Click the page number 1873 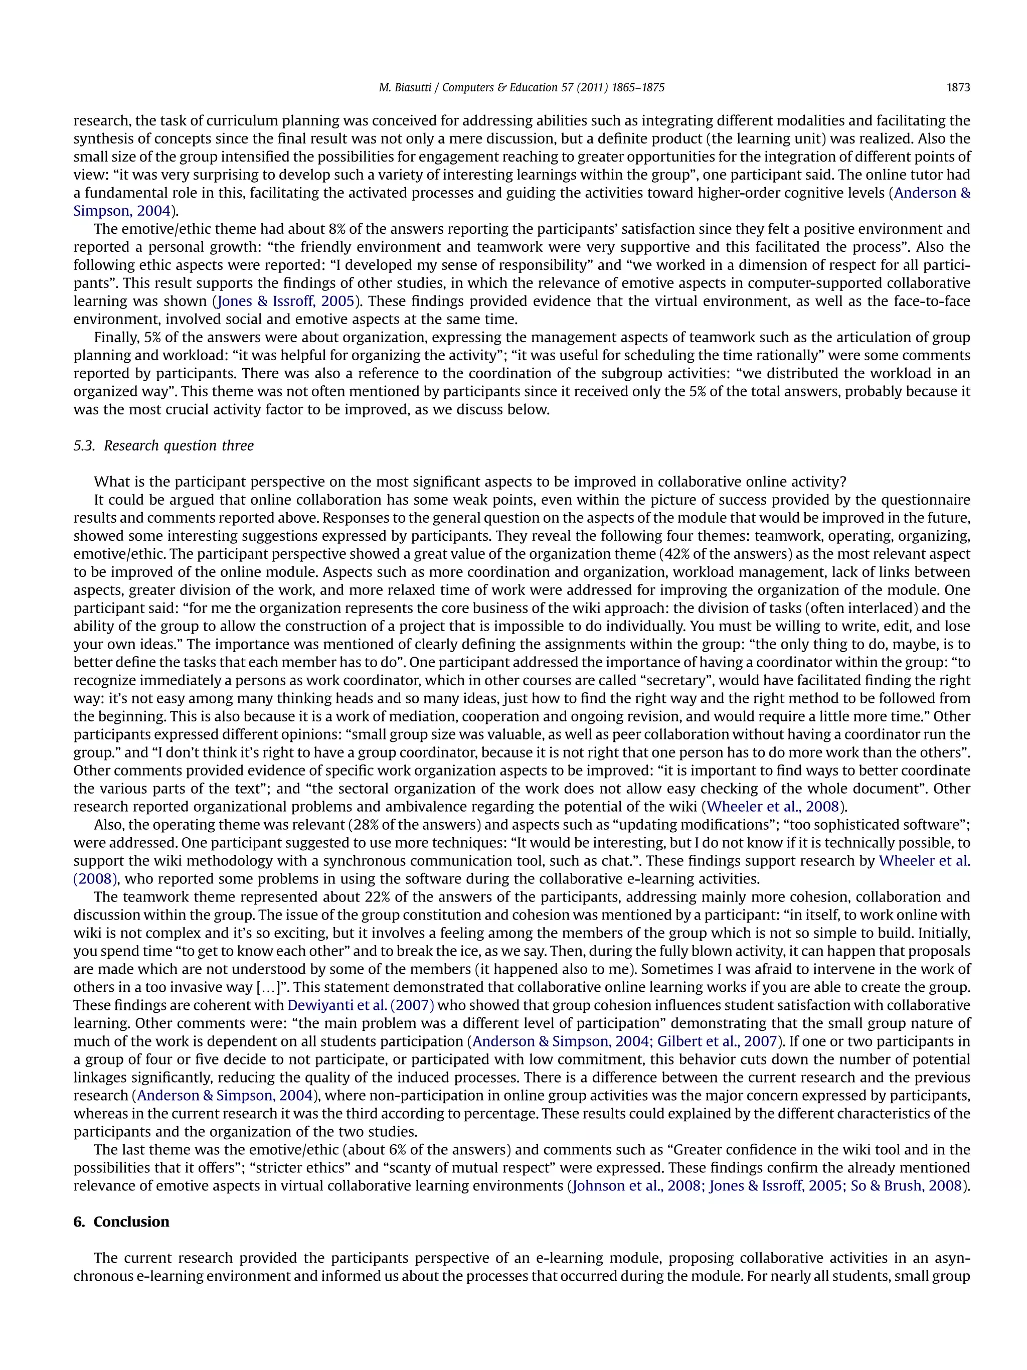point(958,88)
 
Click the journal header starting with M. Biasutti point(521,88)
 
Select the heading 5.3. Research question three point(163,446)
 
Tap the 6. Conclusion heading point(121,1222)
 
